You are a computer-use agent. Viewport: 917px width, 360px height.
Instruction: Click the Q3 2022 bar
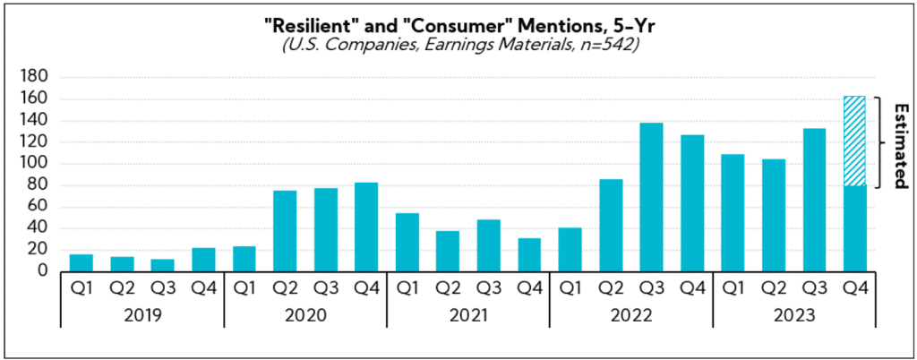(651, 197)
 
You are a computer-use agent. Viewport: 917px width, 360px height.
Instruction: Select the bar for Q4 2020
(366, 227)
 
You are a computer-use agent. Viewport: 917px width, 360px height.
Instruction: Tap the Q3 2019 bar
(162, 265)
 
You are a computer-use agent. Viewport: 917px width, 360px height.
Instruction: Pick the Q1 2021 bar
(407, 242)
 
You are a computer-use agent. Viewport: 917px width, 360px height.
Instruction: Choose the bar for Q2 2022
(610, 225)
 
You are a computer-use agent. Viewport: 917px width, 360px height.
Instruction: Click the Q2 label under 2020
(285, 288)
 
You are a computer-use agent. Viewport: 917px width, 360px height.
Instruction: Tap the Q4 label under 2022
(691, 288)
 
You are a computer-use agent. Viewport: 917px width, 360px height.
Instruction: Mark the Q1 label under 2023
(733, 288)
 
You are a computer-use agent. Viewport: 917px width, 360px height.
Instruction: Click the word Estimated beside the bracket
(898, 141)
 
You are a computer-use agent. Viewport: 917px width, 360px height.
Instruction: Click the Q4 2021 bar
(529, 254)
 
